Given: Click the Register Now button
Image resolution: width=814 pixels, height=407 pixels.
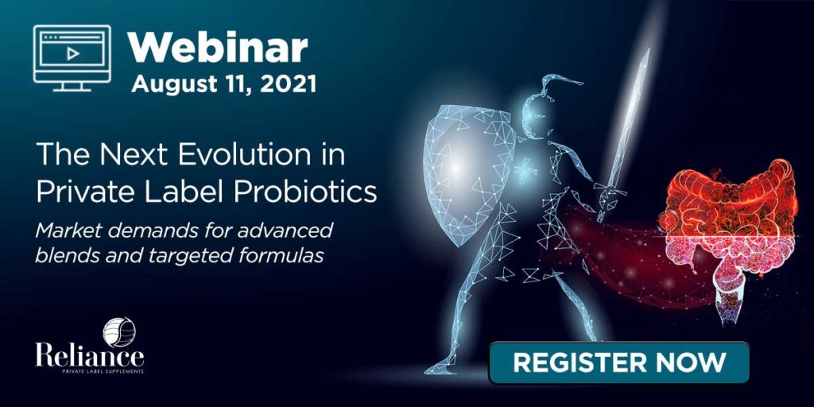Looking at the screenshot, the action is [618, 362].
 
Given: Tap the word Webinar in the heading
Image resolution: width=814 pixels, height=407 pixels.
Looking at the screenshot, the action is [218, 48].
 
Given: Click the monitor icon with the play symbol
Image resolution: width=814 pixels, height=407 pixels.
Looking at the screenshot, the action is [72, 58].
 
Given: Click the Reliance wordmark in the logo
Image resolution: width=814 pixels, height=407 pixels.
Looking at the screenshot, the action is [89, 355].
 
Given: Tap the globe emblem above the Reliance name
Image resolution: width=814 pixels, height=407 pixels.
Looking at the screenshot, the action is [119, 331].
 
